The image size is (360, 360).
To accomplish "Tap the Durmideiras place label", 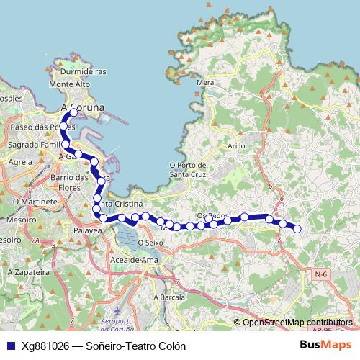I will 84,72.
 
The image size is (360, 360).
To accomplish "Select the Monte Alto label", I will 69,84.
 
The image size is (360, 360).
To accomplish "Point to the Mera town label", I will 206,83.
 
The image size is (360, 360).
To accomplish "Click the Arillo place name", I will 236,145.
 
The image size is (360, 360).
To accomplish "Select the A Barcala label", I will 169,296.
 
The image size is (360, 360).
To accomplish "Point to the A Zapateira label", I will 28,273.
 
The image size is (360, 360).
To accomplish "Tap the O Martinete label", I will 35,202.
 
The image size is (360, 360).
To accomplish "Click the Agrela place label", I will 19,163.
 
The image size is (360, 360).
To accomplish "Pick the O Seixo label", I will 150,243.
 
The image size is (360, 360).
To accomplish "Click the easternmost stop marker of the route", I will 297,229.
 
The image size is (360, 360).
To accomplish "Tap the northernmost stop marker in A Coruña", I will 73,112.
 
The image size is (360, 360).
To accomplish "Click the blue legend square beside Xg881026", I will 11,346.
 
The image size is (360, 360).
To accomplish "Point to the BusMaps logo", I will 325,345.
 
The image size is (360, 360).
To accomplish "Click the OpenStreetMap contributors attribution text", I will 297,323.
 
